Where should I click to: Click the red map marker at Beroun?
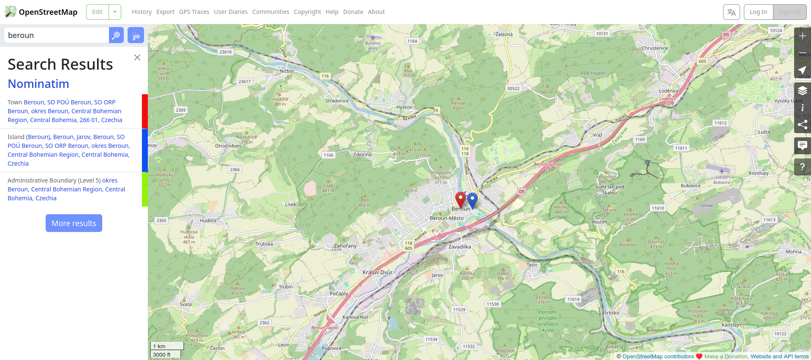pos(460,199)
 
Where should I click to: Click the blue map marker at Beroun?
pos(472,199)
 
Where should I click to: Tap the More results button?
pos(74,223)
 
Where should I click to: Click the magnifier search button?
pos(116,35)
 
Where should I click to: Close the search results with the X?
pos(137,57)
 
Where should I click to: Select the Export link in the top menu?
pos(165,12)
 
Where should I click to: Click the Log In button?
pos(758,12)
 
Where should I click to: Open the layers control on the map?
pos(802,90)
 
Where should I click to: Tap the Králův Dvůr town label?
pos(378,273)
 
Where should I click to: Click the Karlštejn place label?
pos(731,325)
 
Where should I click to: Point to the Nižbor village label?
pos(287,71)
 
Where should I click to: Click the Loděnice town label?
pos(669,91)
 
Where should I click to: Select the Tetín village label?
pos(532,265)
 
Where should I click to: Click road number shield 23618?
pos(226,52)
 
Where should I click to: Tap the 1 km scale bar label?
pos(159,346)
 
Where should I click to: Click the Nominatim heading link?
pos(38,84)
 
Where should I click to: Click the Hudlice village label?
pos(208,221)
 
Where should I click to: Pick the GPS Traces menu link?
pos(194,12)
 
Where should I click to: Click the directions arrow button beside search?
pos(136,35)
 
